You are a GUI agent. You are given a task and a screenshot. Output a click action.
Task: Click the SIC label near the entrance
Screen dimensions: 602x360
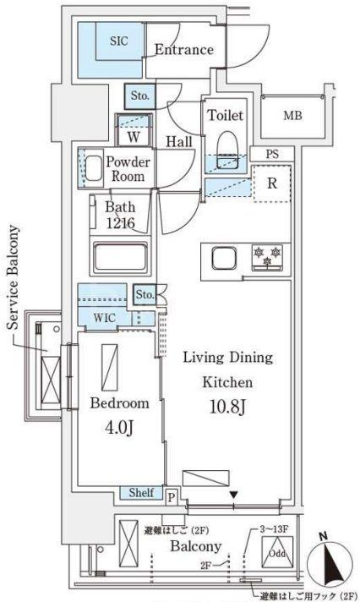(117, 40)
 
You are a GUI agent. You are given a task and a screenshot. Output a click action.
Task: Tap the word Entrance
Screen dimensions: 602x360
(183, 50)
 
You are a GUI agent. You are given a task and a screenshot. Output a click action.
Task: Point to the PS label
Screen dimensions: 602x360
(271, 154)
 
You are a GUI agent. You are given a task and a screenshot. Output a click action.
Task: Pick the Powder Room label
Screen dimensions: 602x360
(128, 170)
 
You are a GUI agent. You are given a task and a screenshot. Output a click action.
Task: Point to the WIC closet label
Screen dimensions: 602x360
(105, 318)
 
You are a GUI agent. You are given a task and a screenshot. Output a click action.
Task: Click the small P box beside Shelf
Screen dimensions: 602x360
(171, 498)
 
